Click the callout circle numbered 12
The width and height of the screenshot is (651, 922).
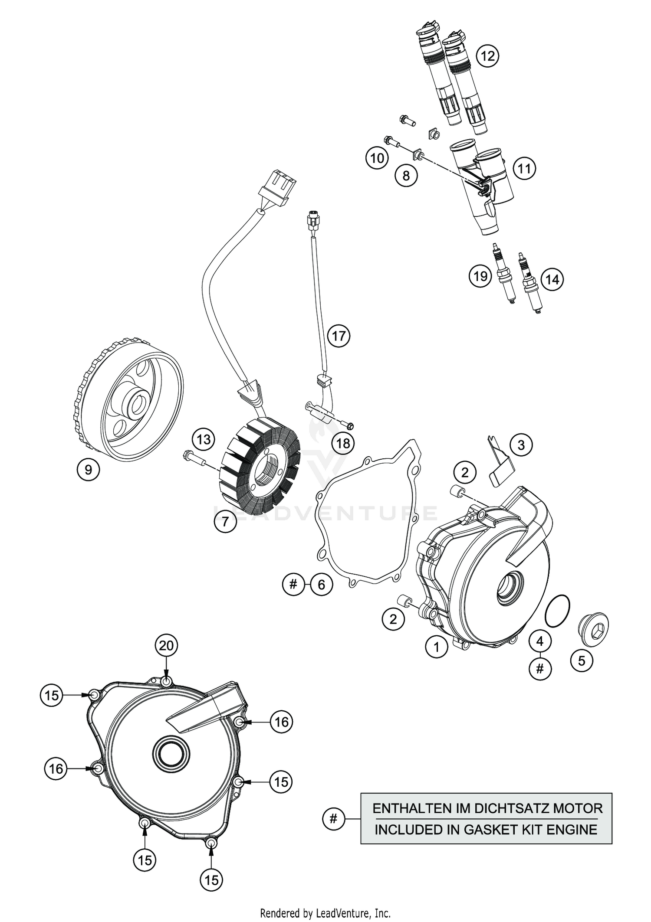(x=487, y=56)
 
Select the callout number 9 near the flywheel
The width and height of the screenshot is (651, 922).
(x=88, y=470)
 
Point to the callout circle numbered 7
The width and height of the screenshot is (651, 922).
(x=225, y=522)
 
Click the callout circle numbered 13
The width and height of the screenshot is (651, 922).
(x=204, y=439)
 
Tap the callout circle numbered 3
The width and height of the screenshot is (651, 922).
(x=521, y=445)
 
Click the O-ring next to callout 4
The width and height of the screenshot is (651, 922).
(x=559, y=611)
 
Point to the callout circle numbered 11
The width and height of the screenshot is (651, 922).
(x=525, y=168)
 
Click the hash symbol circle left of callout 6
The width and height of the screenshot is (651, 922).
(x=293, y=584)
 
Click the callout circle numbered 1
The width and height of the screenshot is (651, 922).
(x=436, y=660)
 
